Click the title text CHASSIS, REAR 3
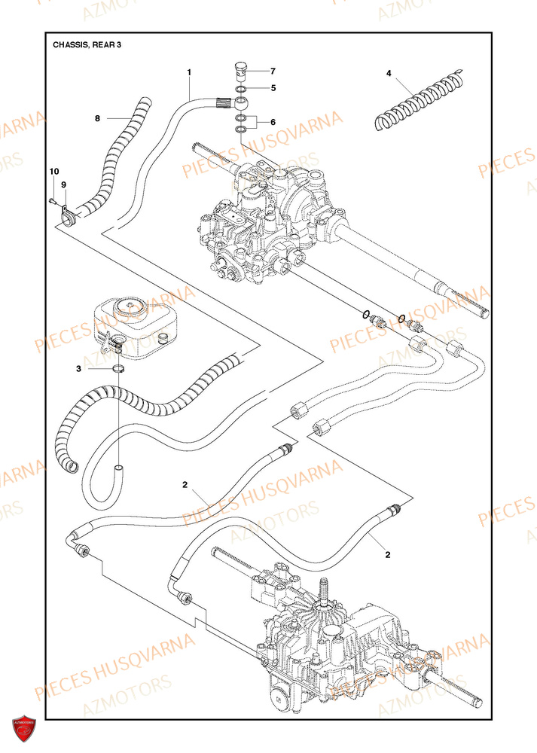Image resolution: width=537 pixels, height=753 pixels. coord(87,44)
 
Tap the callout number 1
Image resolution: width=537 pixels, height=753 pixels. coord(189,72)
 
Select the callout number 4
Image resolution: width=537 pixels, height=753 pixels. coord(389,73)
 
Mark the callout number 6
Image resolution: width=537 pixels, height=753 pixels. coord(273,122)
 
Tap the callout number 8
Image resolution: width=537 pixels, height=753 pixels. coord(97,118)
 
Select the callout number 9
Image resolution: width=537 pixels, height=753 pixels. coord(64,184)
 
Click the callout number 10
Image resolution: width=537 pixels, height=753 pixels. coord(53,173)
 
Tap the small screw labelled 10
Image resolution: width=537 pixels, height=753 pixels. coord(51,200)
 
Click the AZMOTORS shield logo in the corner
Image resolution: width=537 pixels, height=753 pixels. coord(23,728)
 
